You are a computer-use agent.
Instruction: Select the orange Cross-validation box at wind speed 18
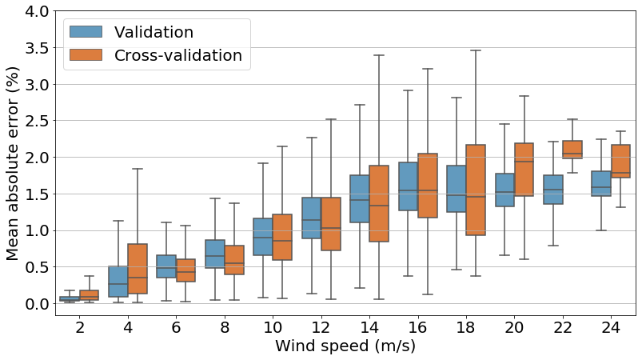coord(475,190)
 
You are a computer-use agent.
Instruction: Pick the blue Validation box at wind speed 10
coord(263,237)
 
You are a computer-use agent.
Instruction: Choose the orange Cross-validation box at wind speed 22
coord(572,149)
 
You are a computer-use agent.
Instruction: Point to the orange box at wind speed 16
coord(427,186)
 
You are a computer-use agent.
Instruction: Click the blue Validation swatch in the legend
coord(86,32)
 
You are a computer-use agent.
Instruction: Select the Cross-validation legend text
coord(177,55)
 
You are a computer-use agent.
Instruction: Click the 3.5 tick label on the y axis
coord(31,48)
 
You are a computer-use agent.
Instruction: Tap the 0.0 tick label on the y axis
coord(31,304)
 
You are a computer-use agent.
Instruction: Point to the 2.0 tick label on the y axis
coord(31,158)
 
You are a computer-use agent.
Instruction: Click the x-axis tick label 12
coord(321,327)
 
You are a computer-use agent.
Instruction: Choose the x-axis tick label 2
coord(80,327)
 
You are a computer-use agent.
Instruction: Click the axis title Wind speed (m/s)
coord(345,346)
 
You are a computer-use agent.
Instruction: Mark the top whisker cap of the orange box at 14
coord(379,55)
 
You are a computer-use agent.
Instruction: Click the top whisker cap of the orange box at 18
coord(475,50)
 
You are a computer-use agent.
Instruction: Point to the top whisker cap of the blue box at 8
coord(214,198)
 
